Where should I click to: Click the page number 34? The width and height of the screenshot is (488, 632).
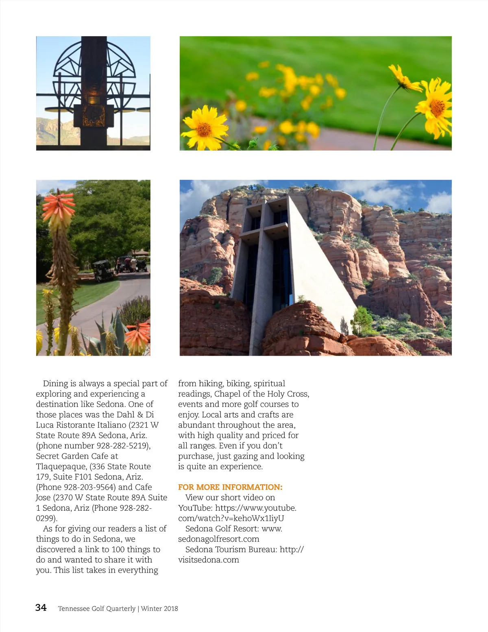point(41,608)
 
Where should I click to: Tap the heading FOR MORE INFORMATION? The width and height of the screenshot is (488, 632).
point(230,487)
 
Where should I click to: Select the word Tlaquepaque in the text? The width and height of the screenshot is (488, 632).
point(61,466)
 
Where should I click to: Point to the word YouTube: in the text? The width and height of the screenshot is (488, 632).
point(195,508)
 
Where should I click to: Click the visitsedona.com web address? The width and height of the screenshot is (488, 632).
point(209,560)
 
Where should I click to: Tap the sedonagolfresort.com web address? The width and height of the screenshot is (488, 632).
point(219,539)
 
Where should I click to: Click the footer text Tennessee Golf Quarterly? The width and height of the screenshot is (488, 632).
point(97,608)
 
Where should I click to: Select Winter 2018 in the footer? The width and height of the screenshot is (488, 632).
point(159,608)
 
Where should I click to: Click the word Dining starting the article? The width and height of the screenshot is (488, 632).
point(55,383)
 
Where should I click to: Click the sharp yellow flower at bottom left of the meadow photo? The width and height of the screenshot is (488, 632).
point(205,127)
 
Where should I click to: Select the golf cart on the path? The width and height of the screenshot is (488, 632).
point(103,271)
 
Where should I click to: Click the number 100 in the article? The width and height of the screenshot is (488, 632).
point(118,549)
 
